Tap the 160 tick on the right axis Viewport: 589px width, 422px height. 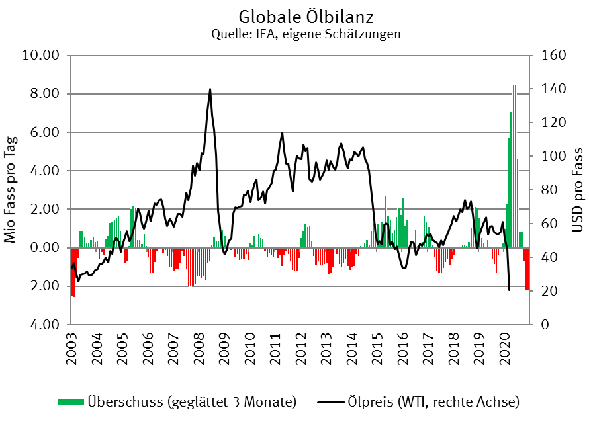tap(552, 55)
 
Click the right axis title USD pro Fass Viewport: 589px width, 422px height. tap(577, 190)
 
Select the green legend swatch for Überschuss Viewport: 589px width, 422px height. tap(71, 402)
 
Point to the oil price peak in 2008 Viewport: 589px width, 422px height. tap(210, 89)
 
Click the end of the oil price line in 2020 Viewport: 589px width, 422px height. tap(509, 290)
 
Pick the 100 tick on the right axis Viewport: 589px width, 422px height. tap(552, 156)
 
